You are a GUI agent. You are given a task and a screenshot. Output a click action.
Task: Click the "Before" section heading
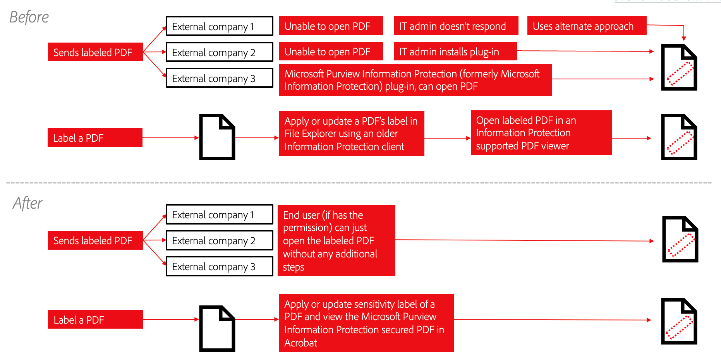[x=29, y=17]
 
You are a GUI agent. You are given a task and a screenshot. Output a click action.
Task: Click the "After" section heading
[x=27, y=203]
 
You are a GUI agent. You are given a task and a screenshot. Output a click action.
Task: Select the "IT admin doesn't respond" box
[x=456, y=26]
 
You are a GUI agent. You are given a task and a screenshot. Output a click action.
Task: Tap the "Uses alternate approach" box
[x=586, y=26]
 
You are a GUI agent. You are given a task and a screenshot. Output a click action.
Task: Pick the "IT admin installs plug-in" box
[x=455, y=51]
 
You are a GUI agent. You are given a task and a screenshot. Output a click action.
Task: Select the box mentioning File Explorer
[x=351, y=134]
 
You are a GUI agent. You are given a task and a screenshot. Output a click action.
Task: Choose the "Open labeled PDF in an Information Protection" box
[x=541, y=133]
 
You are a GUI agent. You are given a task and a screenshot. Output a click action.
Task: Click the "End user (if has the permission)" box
[x=336, y=240]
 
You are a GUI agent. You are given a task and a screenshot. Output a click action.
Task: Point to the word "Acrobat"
[x=301, y=343]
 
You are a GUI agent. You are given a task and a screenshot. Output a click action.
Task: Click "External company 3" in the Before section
[x=219, y=78]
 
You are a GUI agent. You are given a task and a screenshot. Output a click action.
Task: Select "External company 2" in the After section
[x=219, y=240]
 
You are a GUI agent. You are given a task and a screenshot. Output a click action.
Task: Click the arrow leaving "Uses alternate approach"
[x=683, y=31]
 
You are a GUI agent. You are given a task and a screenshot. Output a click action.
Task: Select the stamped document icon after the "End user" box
[x=680, y=239]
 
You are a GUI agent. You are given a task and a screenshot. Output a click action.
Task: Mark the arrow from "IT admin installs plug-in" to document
[x=585, y=51]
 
